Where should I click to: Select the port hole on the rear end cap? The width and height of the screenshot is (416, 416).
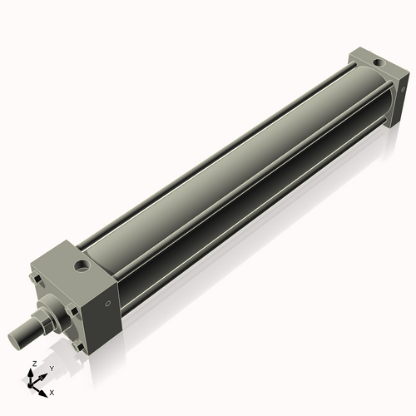coord(379,62)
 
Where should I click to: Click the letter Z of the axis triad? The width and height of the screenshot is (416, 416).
coord(33,364)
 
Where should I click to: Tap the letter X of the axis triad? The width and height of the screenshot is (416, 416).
coord(52,391)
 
